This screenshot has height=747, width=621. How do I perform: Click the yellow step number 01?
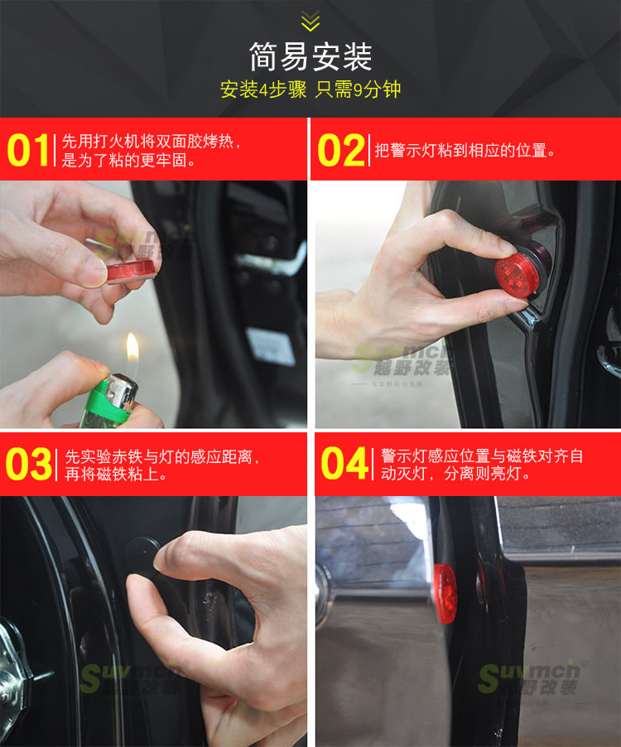tap(28, 151)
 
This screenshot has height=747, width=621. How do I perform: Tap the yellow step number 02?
tap(340, 151)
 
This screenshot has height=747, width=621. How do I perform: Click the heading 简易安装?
tap(310, 56)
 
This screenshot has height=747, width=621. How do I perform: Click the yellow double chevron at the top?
tap(310, 21)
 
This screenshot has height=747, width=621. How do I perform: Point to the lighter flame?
tap(132, 349)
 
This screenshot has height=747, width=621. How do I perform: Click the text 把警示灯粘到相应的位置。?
tap(465, 151)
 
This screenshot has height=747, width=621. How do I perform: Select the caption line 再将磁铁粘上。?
tap(117, 475)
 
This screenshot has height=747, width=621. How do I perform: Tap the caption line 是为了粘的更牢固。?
tap(129, 161)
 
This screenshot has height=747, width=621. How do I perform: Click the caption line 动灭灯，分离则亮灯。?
tap(455, 475)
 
